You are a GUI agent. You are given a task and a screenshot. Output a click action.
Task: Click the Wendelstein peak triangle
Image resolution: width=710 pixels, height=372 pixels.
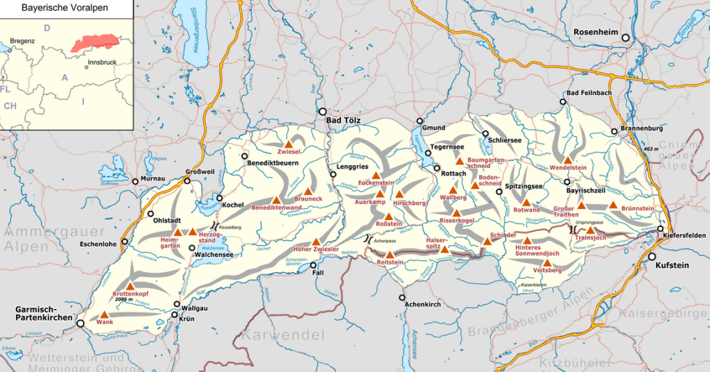pos(567,160)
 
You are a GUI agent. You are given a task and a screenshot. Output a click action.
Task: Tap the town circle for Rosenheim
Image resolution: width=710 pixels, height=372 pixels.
pos(625,38)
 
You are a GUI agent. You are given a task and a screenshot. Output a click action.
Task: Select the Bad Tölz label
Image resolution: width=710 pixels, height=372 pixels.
pos(347,120)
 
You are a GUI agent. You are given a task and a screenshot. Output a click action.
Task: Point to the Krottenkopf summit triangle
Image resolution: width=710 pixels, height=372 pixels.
pos(129,286)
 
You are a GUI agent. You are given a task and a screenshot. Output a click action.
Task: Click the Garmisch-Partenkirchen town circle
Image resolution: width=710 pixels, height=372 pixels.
pos(80,323)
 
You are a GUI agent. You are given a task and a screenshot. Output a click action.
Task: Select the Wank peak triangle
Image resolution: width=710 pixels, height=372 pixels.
pos(105,314)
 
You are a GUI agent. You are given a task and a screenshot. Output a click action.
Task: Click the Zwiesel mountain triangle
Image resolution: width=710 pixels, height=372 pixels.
pos(288,144)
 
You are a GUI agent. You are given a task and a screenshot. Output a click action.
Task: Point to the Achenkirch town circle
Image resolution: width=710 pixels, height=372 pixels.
pos(402,298)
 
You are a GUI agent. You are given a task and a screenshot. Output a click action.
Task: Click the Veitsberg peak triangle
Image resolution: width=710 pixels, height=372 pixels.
pos(546,262)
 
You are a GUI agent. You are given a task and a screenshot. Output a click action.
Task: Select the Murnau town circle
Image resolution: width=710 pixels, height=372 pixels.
pos(136,182)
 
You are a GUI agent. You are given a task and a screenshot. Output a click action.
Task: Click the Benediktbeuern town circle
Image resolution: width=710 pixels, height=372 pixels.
pos(244,156)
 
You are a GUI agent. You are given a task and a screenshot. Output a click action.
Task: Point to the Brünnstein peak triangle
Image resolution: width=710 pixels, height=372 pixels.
pos(613,205)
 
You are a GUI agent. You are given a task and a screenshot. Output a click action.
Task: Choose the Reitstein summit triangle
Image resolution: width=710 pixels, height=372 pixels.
pos(389,254)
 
